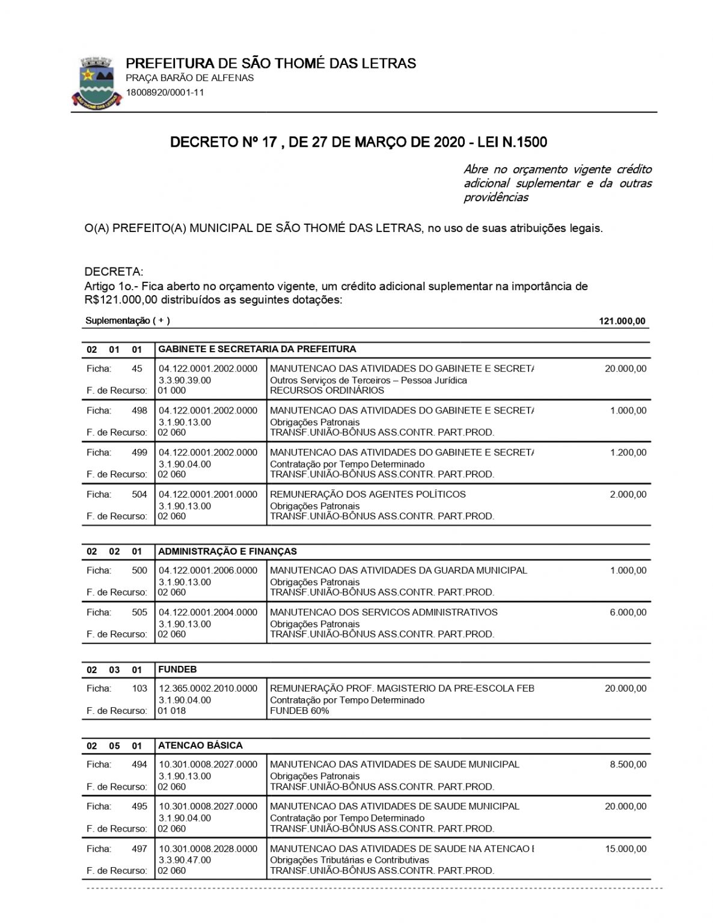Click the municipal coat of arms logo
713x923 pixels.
[x=97, y=82]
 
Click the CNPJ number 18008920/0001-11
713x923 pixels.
[x=165, y=93]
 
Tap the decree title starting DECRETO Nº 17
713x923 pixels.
[x=358, y=142]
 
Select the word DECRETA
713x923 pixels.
[x=114, y=272]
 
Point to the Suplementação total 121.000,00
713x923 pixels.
[x=622, y=321]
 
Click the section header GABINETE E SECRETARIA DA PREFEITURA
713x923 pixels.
[x=257, y=349]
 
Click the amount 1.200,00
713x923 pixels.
[x=628, y=452]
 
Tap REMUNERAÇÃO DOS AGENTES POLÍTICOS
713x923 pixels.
[x=368, y=495]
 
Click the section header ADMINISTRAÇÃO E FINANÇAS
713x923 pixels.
[x=227, y=552]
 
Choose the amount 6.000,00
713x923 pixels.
[x=628, y=612]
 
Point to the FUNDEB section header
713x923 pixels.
[x=177, y=669]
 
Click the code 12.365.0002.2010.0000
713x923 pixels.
[x=208, y=689]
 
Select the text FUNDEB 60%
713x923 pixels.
[x=299, y=711]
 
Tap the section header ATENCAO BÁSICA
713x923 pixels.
[x=200, y=746]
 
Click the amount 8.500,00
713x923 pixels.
[x=628, y=764]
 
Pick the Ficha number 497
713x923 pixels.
[x=139, y=848]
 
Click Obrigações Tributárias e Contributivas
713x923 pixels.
[x=349, y=860]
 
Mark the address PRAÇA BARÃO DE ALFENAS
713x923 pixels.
[x=189, y=78]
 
